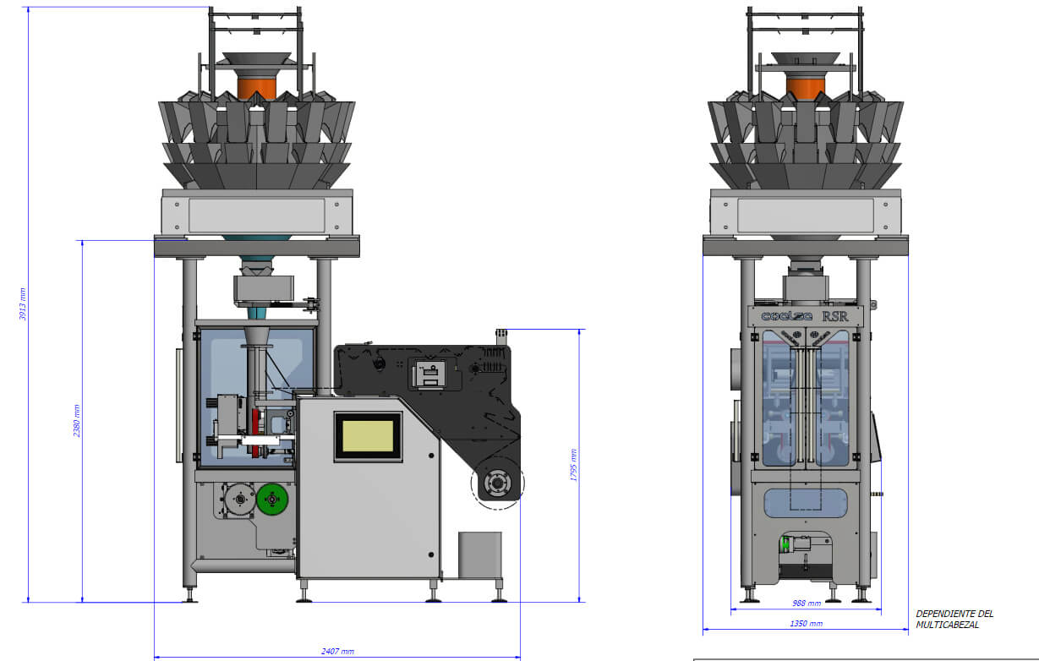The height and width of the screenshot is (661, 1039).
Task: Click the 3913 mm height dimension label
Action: pos(22,303)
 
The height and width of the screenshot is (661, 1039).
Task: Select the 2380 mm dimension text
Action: pos(77,421)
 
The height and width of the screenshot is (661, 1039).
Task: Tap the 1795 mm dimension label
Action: pos(573,465)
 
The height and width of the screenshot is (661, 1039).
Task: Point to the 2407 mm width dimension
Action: pos(337,651)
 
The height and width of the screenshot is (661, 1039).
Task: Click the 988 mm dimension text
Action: pos(807,603)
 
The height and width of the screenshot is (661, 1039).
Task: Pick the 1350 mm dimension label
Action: pos(807,624)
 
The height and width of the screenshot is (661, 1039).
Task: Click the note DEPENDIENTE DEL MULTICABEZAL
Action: pos(954,620)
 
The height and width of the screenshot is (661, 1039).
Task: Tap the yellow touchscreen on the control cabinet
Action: pos(368,436)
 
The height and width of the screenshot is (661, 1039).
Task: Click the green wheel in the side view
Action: pos(272,499)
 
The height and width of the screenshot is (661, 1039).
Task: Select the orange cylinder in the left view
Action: pos(256,88)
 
